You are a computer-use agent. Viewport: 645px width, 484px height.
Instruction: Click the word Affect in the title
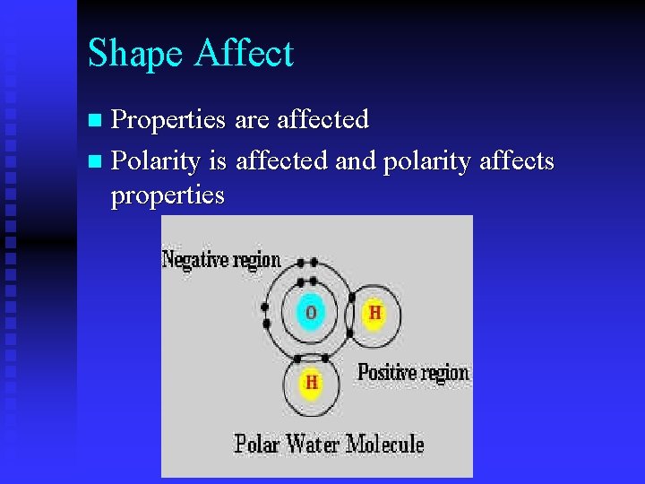tap(244, 53)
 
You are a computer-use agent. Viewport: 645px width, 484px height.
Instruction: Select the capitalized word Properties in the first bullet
tap(168, 120)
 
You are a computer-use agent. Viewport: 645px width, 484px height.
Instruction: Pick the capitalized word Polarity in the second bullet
tap(156, 162)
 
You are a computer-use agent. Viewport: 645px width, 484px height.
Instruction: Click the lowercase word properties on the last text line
tap(167, 194)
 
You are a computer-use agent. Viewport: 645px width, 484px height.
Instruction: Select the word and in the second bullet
tap(356, 161)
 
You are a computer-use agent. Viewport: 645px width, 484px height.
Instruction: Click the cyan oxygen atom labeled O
tap(311, 313)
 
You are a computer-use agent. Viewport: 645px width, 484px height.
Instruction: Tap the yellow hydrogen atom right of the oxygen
tap(374, 313)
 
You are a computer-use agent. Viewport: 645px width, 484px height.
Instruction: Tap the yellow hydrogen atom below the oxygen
tap(311, 383)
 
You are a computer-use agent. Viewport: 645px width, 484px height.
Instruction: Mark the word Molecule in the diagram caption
tap(385, 443)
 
